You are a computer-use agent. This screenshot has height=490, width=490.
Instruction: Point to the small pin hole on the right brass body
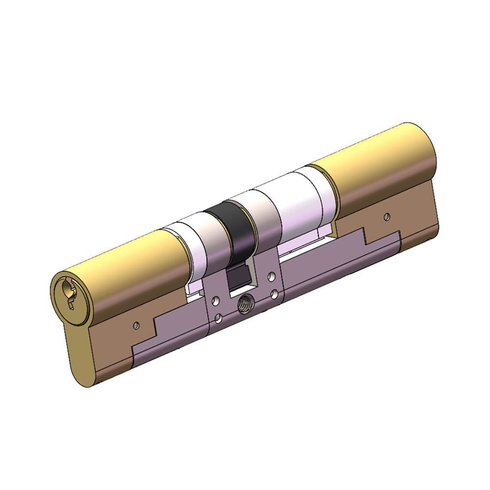pos(387,216)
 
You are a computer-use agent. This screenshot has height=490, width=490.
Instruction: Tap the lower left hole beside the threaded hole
pos(218,320)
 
